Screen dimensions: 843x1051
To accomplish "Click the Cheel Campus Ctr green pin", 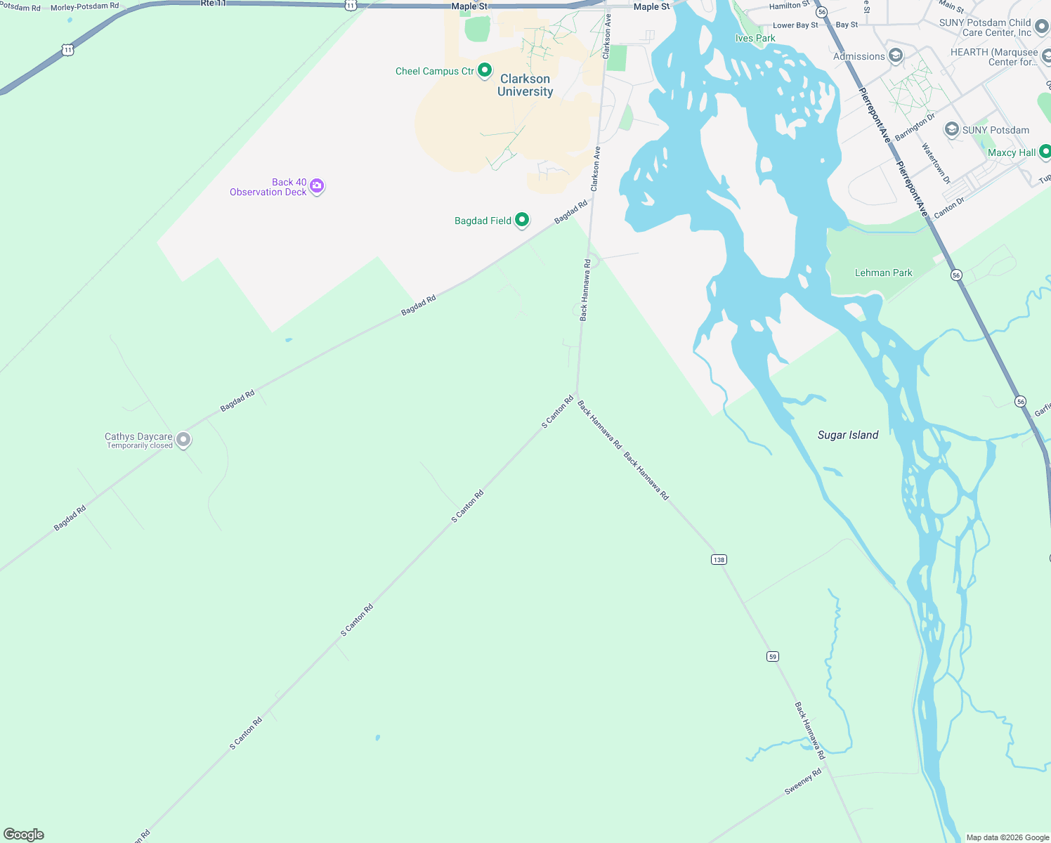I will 485,70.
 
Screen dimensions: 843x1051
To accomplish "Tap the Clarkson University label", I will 525,85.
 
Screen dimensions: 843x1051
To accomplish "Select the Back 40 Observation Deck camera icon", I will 317,186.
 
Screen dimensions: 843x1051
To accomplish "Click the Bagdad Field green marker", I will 522,220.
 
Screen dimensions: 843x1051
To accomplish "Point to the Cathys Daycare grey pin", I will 183,440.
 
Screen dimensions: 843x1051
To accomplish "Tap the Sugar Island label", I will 848,435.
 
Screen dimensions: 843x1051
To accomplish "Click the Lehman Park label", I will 883,273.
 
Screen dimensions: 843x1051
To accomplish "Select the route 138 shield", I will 718,559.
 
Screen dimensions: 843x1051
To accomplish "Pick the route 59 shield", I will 773,656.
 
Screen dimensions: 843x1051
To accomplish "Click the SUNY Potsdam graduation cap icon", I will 951,129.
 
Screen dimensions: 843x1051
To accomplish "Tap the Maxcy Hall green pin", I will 1045,152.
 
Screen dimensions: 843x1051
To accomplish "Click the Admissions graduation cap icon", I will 895,55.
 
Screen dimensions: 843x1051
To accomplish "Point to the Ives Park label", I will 755,39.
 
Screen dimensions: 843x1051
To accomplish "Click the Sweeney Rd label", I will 803,781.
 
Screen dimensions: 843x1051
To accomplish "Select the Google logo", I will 24,834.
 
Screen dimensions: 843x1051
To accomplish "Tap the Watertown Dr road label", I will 936,163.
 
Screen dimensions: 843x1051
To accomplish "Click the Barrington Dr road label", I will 915,126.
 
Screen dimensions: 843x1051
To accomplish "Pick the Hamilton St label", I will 789,6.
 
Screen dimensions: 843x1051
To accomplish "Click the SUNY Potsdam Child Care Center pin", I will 1042,27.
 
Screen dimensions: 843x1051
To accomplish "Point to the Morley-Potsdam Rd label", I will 84,6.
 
